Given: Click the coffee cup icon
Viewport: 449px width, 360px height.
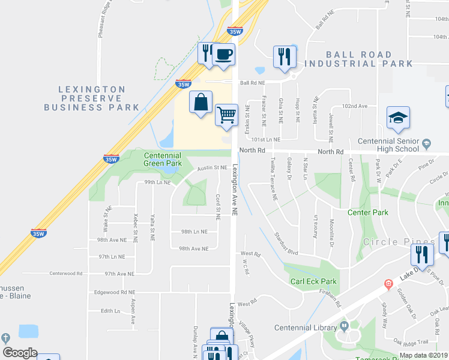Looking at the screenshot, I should (224, 55).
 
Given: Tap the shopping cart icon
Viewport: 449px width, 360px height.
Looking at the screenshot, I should (226, 113).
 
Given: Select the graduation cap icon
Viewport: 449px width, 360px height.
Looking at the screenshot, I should (397, 119).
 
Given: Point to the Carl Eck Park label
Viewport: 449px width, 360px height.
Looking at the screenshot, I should (313, 281).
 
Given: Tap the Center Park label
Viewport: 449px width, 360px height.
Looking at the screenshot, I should (368, 212).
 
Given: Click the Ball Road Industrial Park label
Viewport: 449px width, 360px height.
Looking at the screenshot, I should (358, 59).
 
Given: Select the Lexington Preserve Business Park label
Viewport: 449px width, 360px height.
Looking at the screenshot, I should (92, 98).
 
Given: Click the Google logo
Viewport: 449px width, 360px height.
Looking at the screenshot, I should (20, 353).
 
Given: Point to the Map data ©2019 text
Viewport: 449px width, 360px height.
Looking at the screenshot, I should (423, 355).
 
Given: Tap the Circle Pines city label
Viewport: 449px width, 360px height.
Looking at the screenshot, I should (397, 242).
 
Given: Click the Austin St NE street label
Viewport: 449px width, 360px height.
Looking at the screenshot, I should (212, 168).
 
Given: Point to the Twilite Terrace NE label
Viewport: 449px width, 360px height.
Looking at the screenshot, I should (274, 178).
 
